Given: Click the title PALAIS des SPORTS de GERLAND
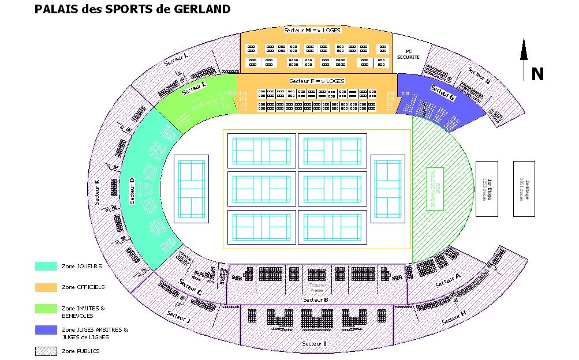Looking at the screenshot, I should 132,9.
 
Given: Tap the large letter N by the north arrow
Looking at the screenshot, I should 537,74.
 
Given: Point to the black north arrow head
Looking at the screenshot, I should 524,50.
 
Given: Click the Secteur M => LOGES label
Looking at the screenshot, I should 312,29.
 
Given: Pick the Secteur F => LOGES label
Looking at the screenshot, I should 317,81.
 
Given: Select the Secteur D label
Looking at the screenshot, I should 132,191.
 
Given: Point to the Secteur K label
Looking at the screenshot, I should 97,192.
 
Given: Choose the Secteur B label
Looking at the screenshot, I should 315,299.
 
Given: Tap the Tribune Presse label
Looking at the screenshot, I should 317,287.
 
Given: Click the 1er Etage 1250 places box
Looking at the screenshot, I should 487,189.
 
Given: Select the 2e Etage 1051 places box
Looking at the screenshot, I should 524,189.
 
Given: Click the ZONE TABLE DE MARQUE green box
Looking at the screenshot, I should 434,188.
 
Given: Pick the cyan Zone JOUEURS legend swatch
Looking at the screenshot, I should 46,266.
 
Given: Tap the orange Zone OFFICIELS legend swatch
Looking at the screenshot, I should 46,287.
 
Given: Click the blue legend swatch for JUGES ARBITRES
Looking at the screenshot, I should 46,330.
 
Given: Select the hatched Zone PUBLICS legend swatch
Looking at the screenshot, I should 46,351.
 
